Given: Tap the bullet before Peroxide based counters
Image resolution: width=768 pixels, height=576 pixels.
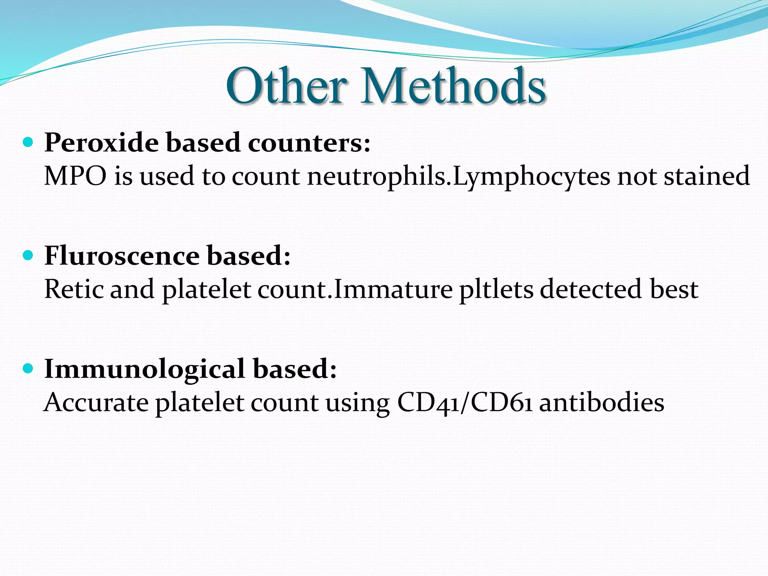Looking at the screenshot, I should coord(28,142).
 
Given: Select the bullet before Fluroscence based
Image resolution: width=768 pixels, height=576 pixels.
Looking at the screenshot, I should coord(28,256).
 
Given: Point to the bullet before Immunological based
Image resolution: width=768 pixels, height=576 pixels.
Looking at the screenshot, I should coord(28,369).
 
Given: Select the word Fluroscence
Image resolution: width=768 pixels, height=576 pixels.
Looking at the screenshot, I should coord(122,256).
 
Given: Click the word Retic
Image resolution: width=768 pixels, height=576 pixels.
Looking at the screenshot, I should coord(73,289).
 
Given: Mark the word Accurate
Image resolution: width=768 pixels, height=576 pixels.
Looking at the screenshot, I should coord(96,403).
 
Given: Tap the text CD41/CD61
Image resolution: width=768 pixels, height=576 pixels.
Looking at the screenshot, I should coord(464,403).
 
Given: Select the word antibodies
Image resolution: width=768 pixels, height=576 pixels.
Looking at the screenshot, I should coord(601,403).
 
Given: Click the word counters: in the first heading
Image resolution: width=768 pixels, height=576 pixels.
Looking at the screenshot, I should coord(309,143).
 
